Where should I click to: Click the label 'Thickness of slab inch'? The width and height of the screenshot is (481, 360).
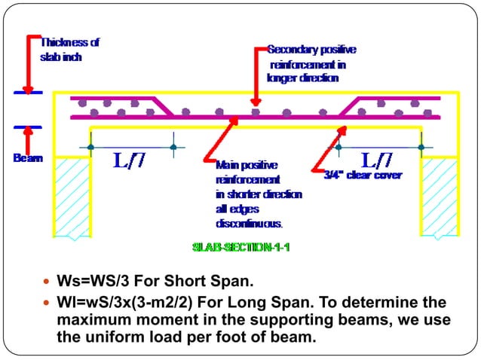click(x=69, y=50)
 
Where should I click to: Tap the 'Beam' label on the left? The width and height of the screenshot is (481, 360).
click(x=27, y=158)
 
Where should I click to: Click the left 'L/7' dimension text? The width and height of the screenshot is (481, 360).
click(x=130, y=160)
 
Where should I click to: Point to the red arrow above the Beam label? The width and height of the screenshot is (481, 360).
click(x=28, y=139)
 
